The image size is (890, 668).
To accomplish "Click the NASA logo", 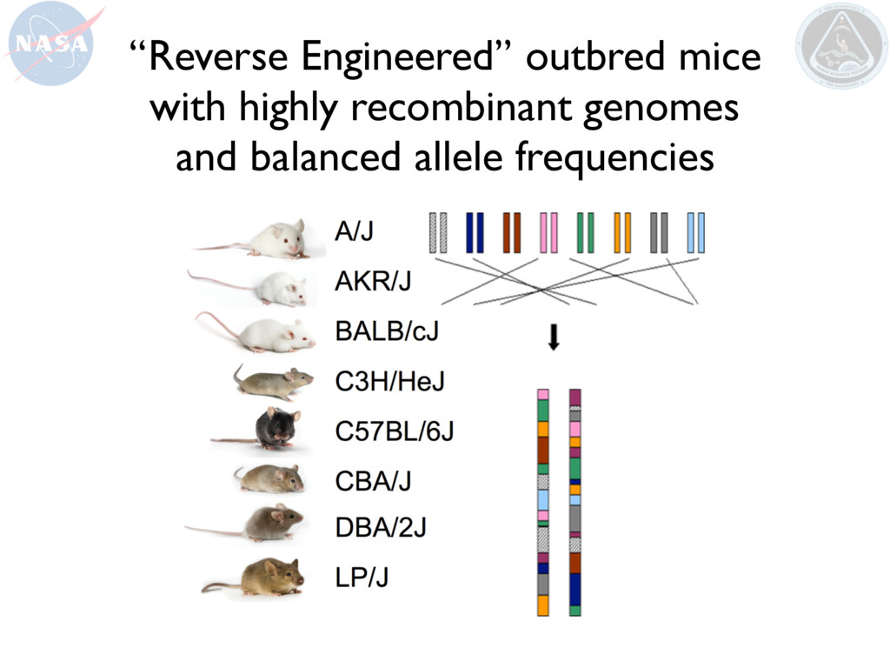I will click(x=48, y=43).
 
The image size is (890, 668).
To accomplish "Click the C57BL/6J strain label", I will click(x=395, y=431).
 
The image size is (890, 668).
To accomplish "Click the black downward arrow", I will click(x=553, y=338).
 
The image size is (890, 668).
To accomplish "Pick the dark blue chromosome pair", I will click(x=475, y=232).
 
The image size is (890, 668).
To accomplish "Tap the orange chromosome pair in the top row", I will click(x=621, y=232).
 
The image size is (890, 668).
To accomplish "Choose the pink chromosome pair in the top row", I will click(x=548, y=232).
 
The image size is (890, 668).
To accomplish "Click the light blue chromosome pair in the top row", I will click(x=695, y=232).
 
